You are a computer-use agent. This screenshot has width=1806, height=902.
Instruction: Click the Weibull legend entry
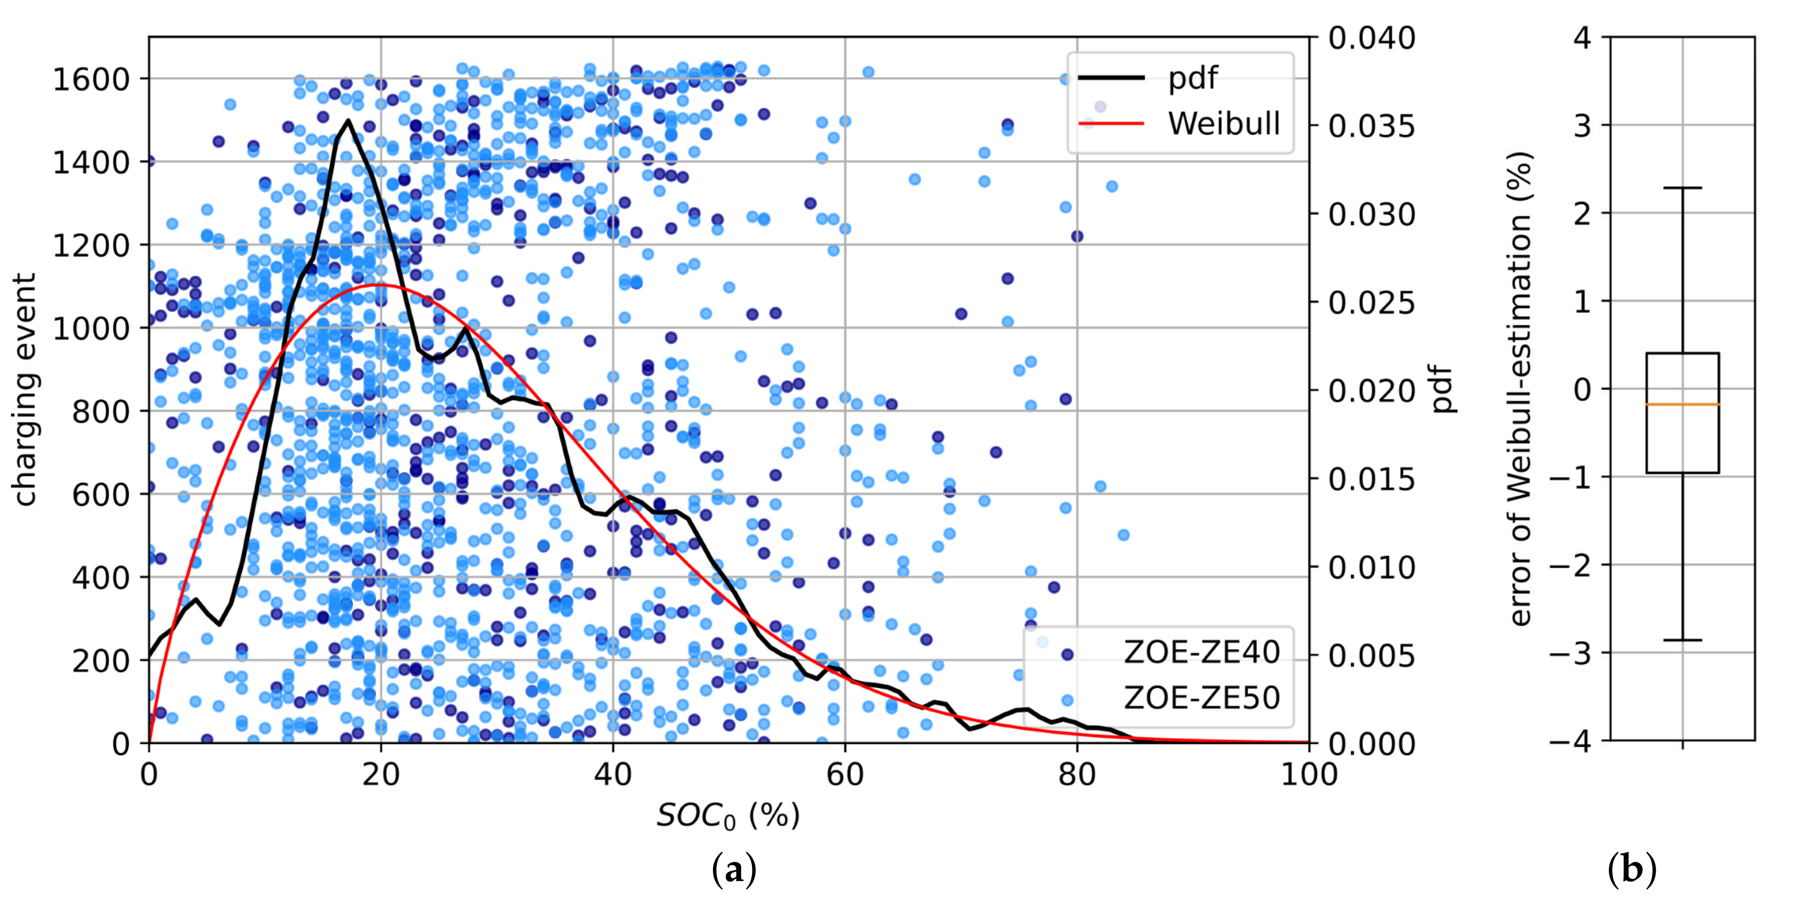click(x=1223, y=123)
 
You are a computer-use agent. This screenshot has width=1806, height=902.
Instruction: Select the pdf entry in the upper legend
click(x=1192, y=78)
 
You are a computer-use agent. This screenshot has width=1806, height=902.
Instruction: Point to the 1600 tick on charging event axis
click(x=91, y=79)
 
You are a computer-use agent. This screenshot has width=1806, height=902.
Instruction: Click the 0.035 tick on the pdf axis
click(x=1371, y=127)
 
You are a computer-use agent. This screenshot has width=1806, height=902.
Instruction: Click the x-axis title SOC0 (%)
click(x=728, y=816)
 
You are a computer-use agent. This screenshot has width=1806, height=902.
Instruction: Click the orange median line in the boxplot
click(x=1683, y=405)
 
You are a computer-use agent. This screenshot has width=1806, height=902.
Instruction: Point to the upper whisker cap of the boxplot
click(x=1683, y=188)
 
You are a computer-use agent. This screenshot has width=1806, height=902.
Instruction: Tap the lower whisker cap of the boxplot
click(x=1683, y=640)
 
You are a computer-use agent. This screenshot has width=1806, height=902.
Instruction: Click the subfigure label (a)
click(x=734, y=870)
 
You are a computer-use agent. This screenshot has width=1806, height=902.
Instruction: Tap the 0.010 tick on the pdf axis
click(x=1371, y=568)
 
